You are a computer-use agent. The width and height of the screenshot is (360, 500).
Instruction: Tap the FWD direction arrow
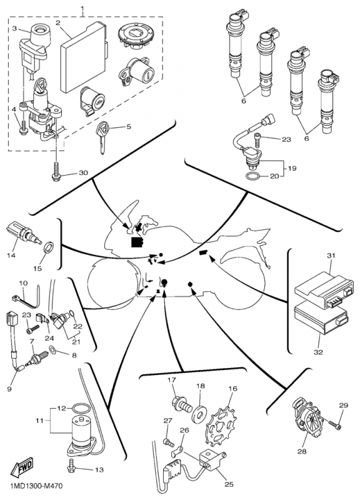[22, 467]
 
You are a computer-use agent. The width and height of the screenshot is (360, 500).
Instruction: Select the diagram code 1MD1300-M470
[36, 486]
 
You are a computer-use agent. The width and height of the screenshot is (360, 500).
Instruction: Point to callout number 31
[331, 256]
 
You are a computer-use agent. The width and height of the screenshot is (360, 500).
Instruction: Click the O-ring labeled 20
[253, 176]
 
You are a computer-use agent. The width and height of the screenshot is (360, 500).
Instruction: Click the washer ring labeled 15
[49, 247]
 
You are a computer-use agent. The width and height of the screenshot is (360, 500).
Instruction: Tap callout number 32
[318, 352]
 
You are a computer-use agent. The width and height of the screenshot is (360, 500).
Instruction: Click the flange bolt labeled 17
[182, 404]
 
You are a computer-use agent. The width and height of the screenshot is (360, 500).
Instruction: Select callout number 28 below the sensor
[302, 451]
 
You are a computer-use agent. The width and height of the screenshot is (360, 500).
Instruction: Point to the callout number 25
[229, 484]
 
